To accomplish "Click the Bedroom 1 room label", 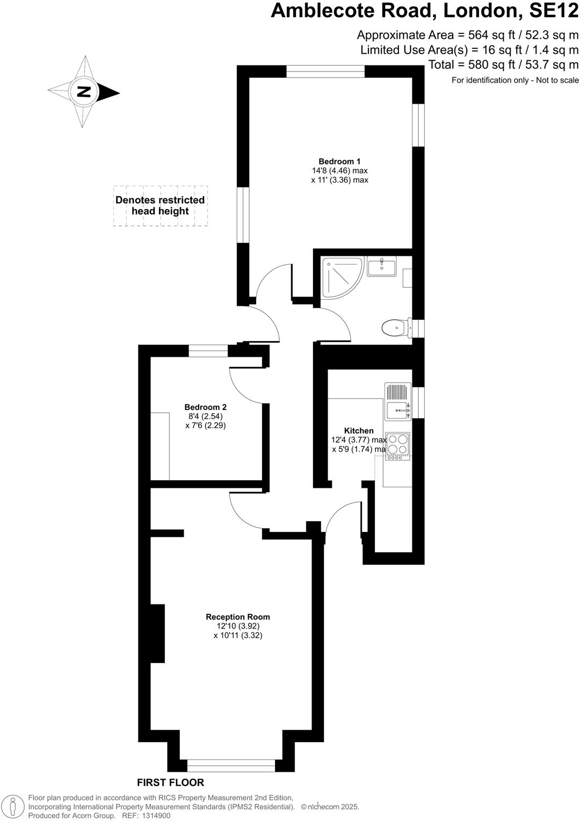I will tap(339, 161).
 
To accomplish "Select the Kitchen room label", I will tap(359, 430).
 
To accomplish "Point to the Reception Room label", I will tap(238, 617).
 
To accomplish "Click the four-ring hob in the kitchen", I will tap(398, 444).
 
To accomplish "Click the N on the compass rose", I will tap(83, 91).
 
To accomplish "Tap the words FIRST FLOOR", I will tap(170, 782).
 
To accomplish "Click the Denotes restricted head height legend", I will tap(160, 205).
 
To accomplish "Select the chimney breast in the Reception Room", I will tap(157, 633).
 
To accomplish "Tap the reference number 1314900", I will tap(154, 815).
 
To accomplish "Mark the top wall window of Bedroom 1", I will tap(325, 71).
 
